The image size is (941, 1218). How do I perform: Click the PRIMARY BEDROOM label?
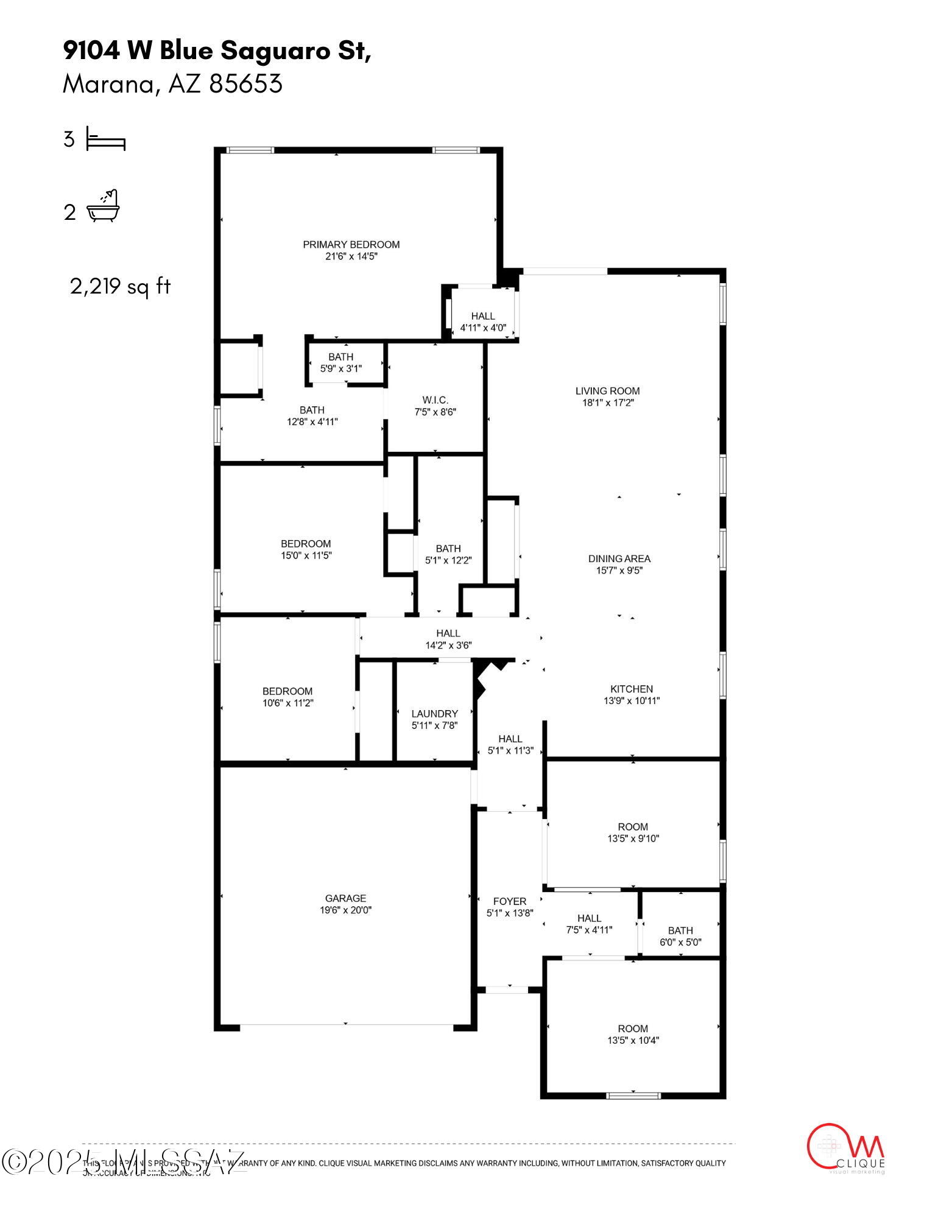351,244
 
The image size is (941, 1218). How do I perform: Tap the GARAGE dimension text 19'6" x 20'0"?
345,910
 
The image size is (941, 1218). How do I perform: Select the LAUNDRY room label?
434,714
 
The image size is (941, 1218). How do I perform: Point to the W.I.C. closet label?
435,400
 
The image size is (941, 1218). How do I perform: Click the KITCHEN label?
632,689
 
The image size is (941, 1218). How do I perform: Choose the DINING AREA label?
619,558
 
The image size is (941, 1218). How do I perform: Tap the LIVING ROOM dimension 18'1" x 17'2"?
607,403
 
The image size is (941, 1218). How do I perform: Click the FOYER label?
510,901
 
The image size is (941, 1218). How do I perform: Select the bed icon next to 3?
105,139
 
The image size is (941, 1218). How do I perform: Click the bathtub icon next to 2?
104,207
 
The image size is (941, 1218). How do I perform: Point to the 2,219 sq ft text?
120,286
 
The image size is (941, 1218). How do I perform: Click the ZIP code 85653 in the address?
246,84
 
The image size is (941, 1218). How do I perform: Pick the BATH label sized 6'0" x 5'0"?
680,931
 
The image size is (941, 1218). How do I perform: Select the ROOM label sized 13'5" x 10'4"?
633,1029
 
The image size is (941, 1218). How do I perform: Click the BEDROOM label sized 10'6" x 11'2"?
287,691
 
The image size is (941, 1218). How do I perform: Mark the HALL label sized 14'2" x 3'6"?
448,633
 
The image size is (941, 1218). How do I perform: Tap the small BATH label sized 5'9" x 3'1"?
340,357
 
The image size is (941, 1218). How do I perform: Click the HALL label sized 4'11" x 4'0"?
483,316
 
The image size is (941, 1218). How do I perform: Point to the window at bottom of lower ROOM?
633,1096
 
